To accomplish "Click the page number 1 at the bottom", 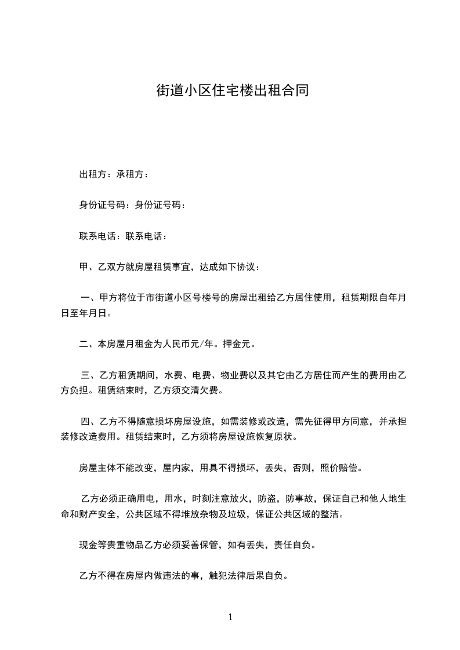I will pos(230,617).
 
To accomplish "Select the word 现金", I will pos(88,545).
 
